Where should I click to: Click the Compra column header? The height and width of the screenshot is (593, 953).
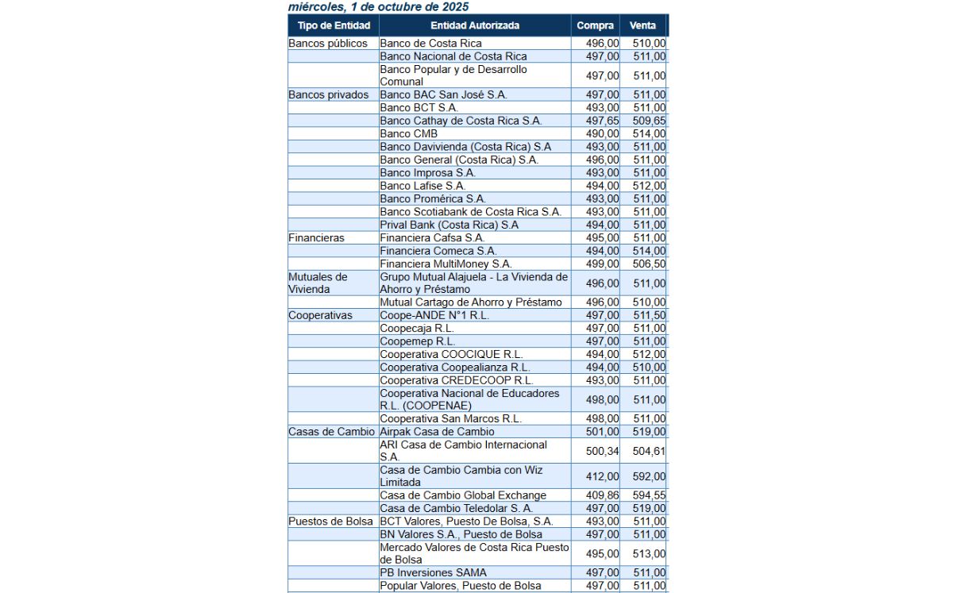[595, 25]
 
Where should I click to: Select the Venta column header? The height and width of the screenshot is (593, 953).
[642, 25]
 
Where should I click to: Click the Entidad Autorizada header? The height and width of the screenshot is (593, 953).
[475, 25]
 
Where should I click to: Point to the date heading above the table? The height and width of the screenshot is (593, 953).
[378, 6]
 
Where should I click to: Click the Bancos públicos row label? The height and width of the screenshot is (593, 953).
[328, 43]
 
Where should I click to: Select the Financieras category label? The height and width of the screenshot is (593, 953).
[316, 237]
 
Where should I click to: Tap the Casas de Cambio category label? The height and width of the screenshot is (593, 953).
[331, 431]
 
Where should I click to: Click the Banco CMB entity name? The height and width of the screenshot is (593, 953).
[408, 133]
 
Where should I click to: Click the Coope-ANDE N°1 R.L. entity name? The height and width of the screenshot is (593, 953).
[434, 315]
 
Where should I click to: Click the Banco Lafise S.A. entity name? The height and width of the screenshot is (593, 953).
[422, 186]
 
